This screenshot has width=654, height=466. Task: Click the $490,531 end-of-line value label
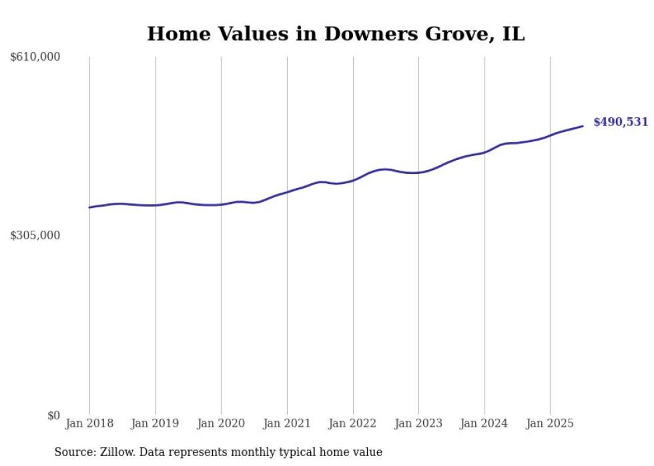point(620,122)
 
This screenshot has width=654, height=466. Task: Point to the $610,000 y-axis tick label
point(35,57)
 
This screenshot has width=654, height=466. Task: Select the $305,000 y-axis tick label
point(35,235)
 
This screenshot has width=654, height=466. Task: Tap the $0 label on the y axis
point(53,415)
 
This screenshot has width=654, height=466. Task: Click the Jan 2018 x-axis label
point(89,423)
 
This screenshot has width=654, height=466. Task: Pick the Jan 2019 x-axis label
point(155,423)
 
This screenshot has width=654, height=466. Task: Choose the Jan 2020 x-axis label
point(221,423)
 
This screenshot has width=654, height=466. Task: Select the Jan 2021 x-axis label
point(287,423)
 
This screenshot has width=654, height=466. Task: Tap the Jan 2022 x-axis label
point(353,423)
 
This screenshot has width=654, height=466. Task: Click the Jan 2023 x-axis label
point(418,423)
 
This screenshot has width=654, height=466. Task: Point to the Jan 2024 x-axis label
point(484,423)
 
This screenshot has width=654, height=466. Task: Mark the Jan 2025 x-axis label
point(550,423)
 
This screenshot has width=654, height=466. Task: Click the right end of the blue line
point(583,126)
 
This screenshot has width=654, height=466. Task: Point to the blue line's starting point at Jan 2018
point(89,207)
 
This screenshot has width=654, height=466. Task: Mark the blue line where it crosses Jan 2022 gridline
point(353,180)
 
